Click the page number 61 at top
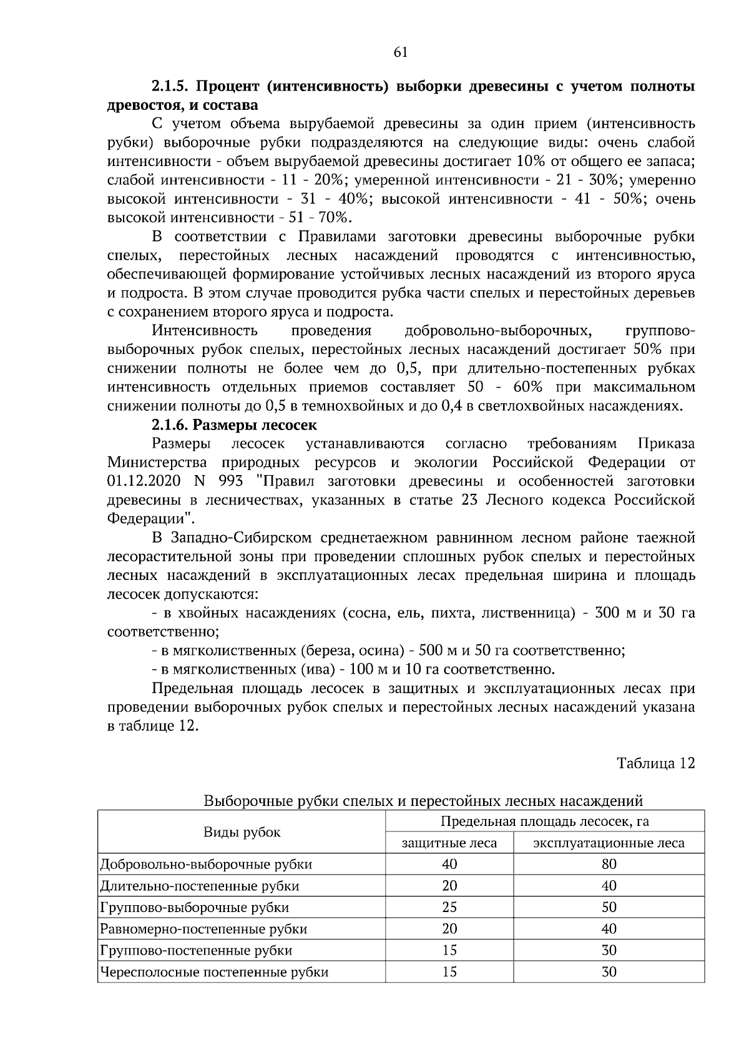401,52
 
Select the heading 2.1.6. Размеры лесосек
234,426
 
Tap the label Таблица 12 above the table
655,763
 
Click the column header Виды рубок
242,832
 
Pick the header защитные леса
449,843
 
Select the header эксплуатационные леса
609,843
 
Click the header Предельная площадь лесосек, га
545,822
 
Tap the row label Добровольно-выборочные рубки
206,865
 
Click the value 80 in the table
609,865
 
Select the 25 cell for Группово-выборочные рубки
449,907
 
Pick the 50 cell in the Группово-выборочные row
609,907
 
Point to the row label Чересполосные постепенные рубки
214,972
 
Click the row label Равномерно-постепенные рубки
203,929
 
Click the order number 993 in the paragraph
231,482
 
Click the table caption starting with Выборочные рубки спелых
423,800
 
